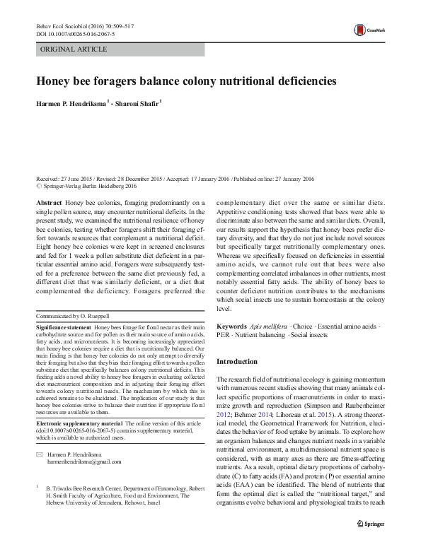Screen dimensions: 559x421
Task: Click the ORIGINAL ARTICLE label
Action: (74, 49)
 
